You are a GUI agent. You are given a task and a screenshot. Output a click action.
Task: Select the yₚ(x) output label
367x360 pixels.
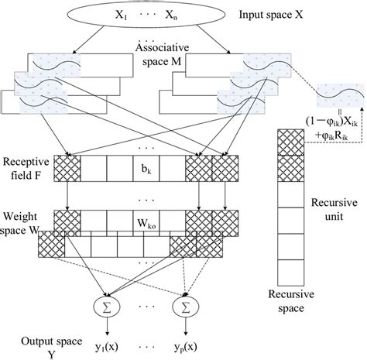click(x=184, y=342)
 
